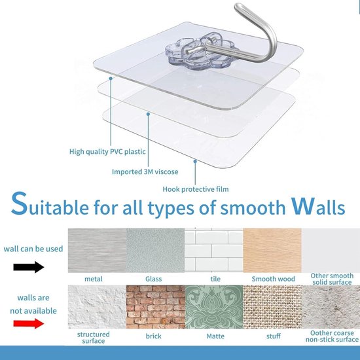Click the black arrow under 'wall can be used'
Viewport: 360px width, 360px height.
tap(29, 267)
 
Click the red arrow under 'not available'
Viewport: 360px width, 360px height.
tap(29, 323)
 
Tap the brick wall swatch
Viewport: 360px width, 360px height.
tap(155, 307)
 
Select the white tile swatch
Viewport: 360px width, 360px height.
tap(214, 250)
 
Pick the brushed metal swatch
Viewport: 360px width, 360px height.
tap(97, 250)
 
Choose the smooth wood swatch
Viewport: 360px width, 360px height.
tap(272, 250)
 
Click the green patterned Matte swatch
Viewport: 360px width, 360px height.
tap(214, 307)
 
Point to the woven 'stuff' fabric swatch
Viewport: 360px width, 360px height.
tap(272, 307)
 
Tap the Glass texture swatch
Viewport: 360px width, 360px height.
tap(155, 250)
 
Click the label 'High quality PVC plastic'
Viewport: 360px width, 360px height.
tap(107, 152)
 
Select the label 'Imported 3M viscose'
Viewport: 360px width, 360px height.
tap(145, 171)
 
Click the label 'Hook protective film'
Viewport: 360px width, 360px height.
tap(196, 189)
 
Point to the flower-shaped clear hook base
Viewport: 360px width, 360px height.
tap(200, 51)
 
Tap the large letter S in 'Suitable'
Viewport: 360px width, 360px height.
tap(19, 204)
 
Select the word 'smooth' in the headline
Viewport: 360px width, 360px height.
tap(253, 207)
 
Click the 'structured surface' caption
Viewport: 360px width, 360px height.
tap(94, 338)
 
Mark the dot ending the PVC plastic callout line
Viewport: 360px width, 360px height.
tap(111, 79)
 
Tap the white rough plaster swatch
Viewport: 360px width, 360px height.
tap(97, 307)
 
